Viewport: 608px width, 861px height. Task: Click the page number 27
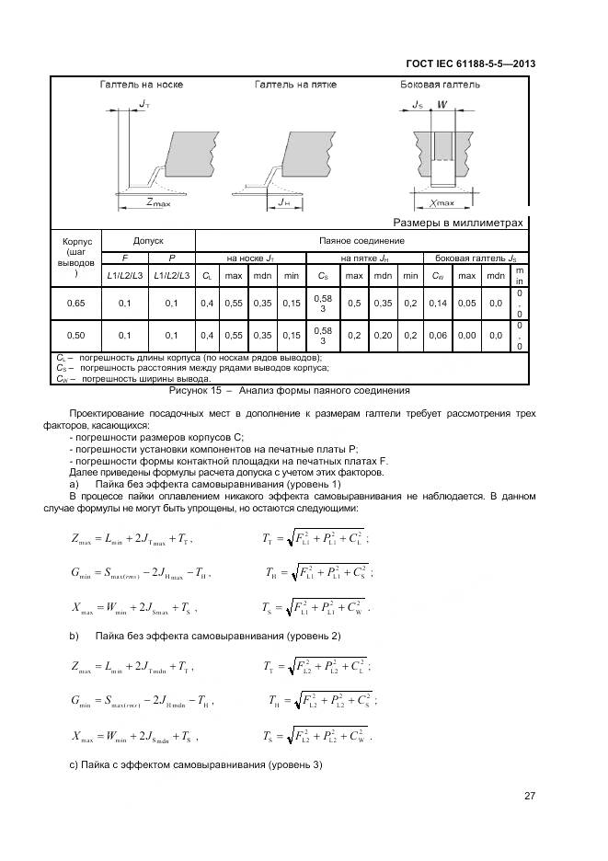tap(529, 796)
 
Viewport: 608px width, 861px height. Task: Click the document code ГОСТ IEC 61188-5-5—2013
tap(470, 63)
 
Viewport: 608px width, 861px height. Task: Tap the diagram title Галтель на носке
tap(142, 85)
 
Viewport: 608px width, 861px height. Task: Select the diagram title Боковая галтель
tap(440, 85)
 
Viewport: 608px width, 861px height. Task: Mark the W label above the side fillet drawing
tap(442, 105)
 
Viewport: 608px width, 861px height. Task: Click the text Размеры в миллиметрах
tap(457, 223)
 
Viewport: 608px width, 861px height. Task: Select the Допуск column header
tap(148, 240)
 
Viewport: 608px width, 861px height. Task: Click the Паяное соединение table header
tap(362, 240)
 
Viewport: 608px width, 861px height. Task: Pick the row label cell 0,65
tap(76, 302)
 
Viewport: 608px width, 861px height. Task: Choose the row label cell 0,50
tap(76, 336)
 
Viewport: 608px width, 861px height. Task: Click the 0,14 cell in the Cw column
tap(438, 302)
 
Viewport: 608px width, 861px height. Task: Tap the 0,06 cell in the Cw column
tap(438, 336)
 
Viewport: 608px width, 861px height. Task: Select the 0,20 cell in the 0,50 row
tap(383, 336)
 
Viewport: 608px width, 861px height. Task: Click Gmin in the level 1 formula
tap(88, 574)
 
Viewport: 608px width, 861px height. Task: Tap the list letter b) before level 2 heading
tap(74, 636)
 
